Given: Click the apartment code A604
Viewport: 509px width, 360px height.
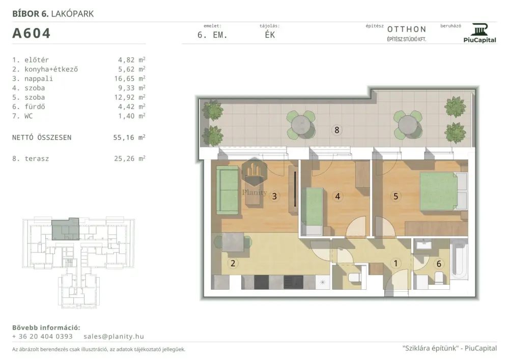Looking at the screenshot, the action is tap(31, 33).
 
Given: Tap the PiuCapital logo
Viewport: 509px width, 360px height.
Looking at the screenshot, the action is tap(480, 33).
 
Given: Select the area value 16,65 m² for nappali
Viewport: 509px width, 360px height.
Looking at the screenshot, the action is tap(131, 78).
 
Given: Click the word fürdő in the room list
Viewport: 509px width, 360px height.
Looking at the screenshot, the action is tap(35, 106).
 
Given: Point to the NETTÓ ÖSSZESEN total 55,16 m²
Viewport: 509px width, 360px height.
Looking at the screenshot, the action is tap(129, 137).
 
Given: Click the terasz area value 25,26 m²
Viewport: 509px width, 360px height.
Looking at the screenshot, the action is tap(129, 158).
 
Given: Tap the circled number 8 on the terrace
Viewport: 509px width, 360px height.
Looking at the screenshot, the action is tap(336, 130).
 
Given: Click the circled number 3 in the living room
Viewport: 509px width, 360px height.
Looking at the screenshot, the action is tap(274, 196).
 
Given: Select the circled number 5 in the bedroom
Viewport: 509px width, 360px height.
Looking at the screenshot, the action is tap(395, 196).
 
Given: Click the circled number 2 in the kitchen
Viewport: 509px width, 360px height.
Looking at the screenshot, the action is tap(233, 263).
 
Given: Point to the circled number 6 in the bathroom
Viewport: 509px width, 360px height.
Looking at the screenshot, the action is tap(439, 264).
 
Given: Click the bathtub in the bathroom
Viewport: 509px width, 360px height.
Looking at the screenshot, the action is tap(459, 259).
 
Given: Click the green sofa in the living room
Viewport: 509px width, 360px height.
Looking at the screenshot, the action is tap(227, 190).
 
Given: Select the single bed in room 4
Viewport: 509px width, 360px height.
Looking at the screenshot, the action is tap(312, 211).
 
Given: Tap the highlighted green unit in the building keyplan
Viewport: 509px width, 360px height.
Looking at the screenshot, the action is tap(66, 229).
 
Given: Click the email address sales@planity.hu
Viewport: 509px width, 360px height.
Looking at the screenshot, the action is tap(114, 336).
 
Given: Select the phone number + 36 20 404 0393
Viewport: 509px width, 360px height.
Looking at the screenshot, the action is tap(43, 336).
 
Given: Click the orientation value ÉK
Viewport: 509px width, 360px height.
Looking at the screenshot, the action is tap(270, 35).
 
